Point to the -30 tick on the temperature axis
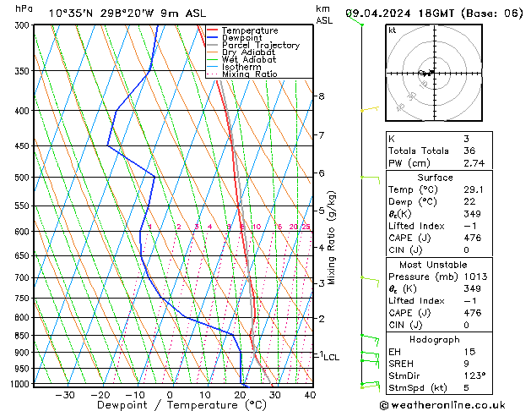pos(65,395)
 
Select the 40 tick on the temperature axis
pos(310,395)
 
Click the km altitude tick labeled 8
pos(321,96)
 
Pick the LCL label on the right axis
pos(331,358)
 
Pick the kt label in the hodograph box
pos(392,30)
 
